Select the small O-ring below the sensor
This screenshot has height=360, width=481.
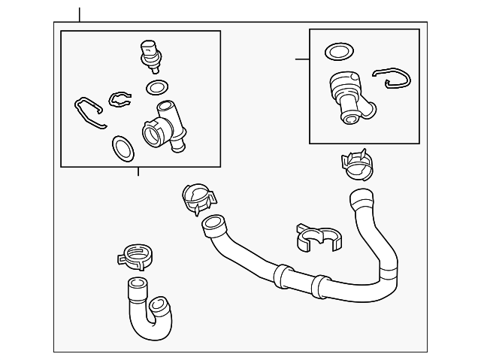(157, 88)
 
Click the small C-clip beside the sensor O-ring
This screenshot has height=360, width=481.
(119, 98)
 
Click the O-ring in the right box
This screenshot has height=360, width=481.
(337, 51)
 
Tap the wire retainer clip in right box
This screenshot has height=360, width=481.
(392, 77)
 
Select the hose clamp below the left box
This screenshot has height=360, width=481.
(197, 200)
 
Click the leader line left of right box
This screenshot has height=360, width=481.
(302, 59)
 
